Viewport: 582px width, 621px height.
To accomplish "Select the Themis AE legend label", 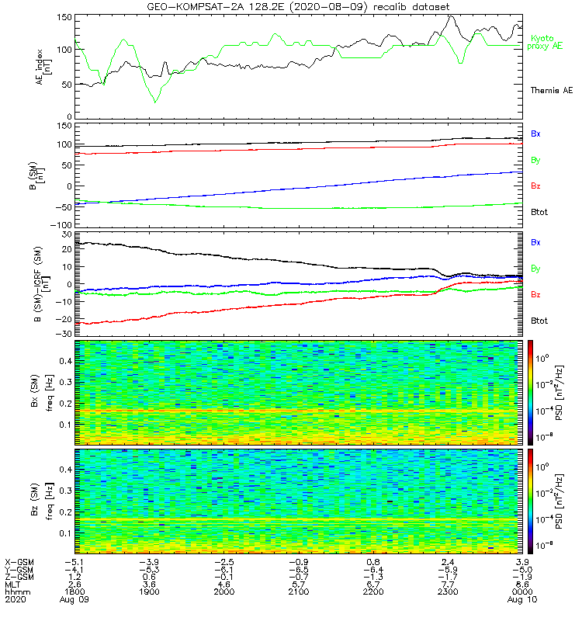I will (552, 91).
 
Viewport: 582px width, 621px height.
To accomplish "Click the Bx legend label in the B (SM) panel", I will (535, 134).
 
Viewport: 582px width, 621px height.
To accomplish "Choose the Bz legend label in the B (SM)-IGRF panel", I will (535, 295).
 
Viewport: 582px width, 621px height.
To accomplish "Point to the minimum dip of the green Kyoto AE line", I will (155, 102).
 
